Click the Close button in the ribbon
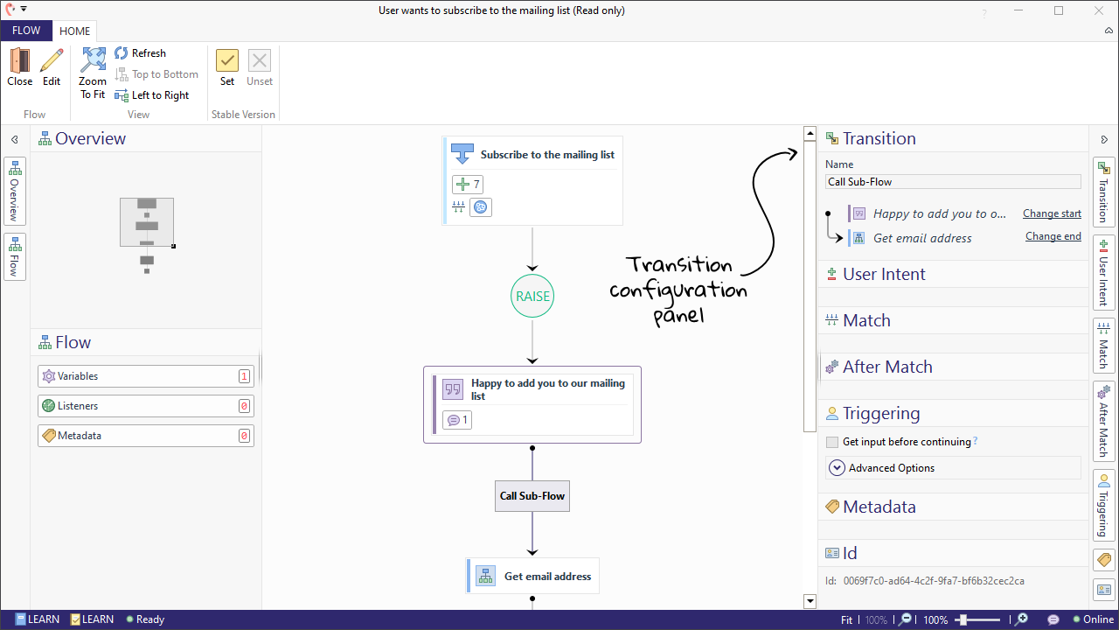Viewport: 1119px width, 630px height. tap(19, 67)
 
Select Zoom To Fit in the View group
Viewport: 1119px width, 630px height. tap(93, 73)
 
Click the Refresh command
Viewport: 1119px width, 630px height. tap(140, 53)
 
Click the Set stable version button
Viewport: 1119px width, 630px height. tap(227, 67)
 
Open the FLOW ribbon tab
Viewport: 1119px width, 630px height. tap(26, 31)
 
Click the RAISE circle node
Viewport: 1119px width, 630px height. tap(532, 296)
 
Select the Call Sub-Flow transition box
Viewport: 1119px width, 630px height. tap(532, 496)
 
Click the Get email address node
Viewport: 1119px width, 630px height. tap(533, 577)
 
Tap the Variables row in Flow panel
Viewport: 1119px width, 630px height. tap(145, 376)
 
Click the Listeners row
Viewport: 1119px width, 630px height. tap(145, 406)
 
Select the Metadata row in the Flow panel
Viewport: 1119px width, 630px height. tap(145, 436)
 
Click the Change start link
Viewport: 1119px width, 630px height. tap(1052, 213)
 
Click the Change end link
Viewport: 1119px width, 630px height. tap(1053, 236)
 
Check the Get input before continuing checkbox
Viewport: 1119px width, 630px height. tap(832, 443)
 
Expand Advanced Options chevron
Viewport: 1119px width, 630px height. tap(837, 468)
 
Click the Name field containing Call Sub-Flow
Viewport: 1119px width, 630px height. tap(953, 182)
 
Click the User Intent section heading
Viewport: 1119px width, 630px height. tap(884, 274)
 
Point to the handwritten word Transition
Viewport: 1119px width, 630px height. tap(679, 264)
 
